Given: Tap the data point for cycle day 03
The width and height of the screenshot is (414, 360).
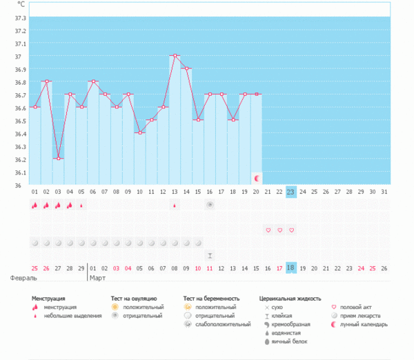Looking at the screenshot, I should [58, 159].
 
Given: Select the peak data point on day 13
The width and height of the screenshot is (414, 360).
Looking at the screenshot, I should [175, 55].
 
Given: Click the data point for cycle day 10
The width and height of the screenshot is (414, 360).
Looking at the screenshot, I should [140, 132].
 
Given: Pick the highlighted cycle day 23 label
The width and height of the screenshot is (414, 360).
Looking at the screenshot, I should [291, 192].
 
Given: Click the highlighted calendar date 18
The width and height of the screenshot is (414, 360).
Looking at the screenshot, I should [291, 268].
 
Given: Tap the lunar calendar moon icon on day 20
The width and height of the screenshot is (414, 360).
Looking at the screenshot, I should [257, 179].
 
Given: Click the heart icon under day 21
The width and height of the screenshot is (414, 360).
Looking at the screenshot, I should [268, 230].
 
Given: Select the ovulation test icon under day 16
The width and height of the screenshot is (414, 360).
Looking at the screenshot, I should [210, 205].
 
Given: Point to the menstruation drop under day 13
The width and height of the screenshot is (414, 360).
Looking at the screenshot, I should [175, 205].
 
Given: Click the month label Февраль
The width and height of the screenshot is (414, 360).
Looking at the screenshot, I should [23, 278].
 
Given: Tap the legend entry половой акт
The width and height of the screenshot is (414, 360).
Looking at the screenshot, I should [359, 307].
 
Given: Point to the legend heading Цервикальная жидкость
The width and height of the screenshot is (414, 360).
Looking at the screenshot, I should [290, 299].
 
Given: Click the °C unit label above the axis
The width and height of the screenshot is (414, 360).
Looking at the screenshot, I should [21, 4].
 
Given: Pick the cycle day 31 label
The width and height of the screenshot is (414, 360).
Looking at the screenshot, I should [384, 192].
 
